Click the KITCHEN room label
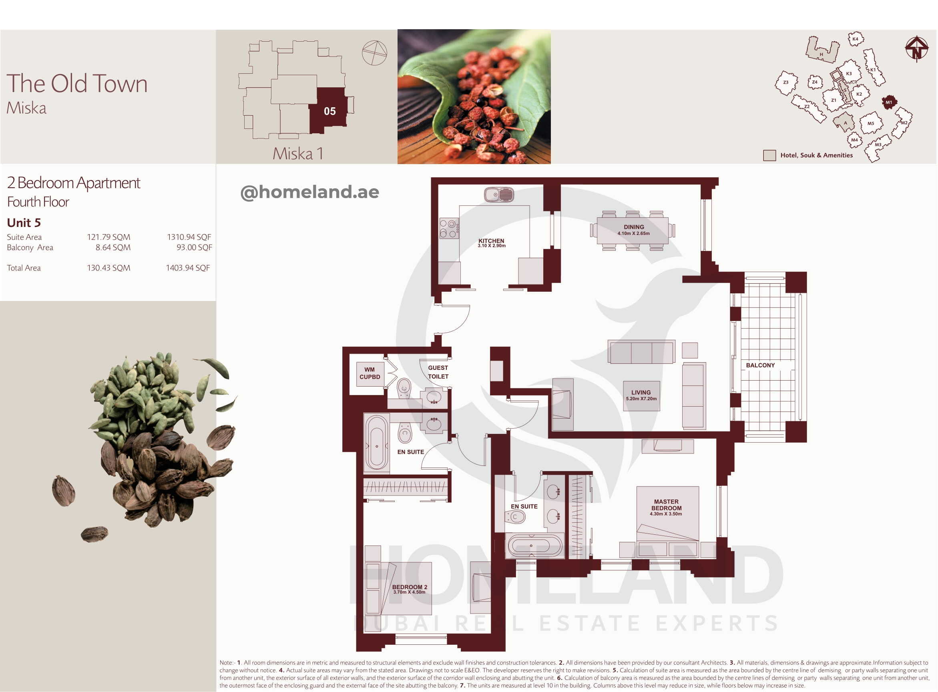(491, 241)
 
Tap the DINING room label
(633, 227)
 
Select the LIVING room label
(641, 393)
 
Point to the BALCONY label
(760, 365)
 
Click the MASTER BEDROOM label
(666, 505)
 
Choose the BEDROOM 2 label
(409, 587)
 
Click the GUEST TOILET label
(438, 372)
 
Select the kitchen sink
(499, 195)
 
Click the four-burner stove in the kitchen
(449, 228)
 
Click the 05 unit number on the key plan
(330, 111)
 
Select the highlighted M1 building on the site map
(889, 102)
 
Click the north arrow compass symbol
(917, 49)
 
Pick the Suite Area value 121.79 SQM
(108, 237)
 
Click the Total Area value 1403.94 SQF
(188, 268)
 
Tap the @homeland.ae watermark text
(309, 192)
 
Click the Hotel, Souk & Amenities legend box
(769, 155)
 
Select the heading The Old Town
(77, 83)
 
